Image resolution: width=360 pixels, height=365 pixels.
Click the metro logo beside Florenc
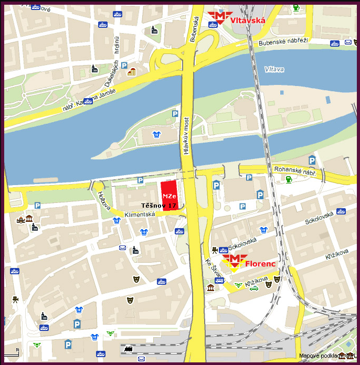tap(234, 261)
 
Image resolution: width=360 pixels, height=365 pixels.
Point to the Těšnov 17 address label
tap(158, 206)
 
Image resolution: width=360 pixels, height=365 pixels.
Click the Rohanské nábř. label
tap(294, 170)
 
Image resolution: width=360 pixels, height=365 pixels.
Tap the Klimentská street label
tap(140, 214)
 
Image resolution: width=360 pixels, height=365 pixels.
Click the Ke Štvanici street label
tap(211, 270)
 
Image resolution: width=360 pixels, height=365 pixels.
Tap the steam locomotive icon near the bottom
tap(126, 348)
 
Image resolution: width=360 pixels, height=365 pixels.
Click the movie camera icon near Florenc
tap(215, 250)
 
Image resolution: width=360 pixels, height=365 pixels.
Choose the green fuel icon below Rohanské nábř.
tap(288, 180)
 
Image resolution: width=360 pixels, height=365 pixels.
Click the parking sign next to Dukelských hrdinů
tap(124, 66)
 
